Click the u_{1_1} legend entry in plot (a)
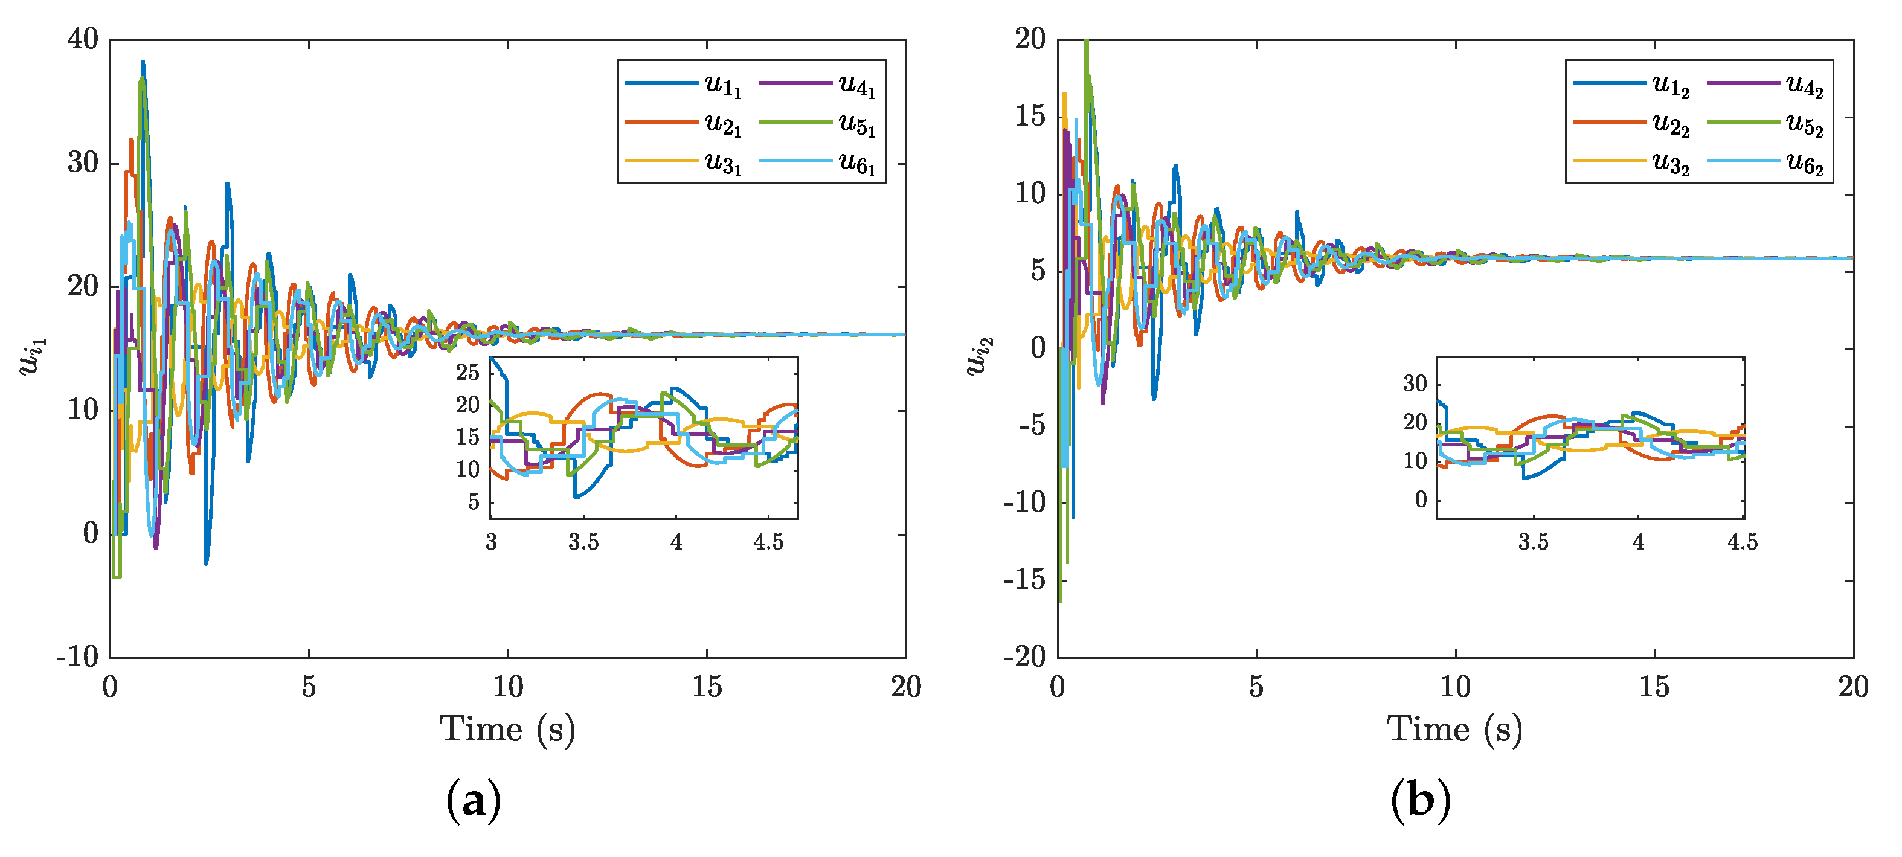683,86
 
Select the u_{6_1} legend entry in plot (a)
817,163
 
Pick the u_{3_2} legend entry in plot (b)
1631,163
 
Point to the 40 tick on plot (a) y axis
83,40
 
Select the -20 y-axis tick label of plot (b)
1024,656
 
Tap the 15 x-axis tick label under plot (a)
707,688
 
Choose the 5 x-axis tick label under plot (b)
1256,688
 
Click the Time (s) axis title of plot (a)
507,730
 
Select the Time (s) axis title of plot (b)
1454,730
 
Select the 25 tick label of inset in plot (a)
468,373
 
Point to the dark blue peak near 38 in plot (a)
143,63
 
